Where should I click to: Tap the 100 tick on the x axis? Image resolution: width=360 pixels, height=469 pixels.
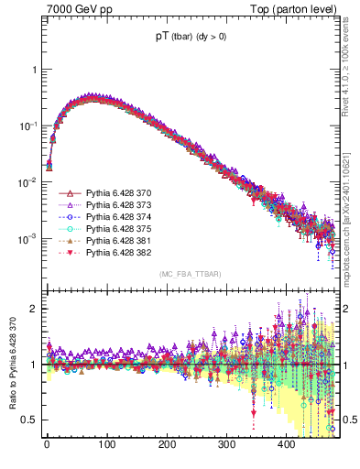point(106,445)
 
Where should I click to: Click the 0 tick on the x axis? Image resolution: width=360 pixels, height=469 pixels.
point(47,445)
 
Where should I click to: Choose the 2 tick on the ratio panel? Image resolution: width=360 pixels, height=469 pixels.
point(32,309)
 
